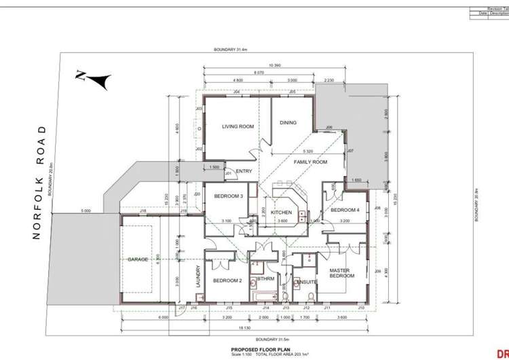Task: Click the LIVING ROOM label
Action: pos(238,126)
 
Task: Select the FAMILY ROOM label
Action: pos(310,162)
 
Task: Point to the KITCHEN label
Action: pos(281,213)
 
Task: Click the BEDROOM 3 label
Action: pos(228,196)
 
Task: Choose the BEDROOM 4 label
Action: pos(345,210)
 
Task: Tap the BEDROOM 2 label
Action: pos(227,281)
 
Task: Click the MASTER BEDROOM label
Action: pos(341,273)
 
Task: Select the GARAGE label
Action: pos(138,259)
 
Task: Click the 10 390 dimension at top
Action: pos(274,65)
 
